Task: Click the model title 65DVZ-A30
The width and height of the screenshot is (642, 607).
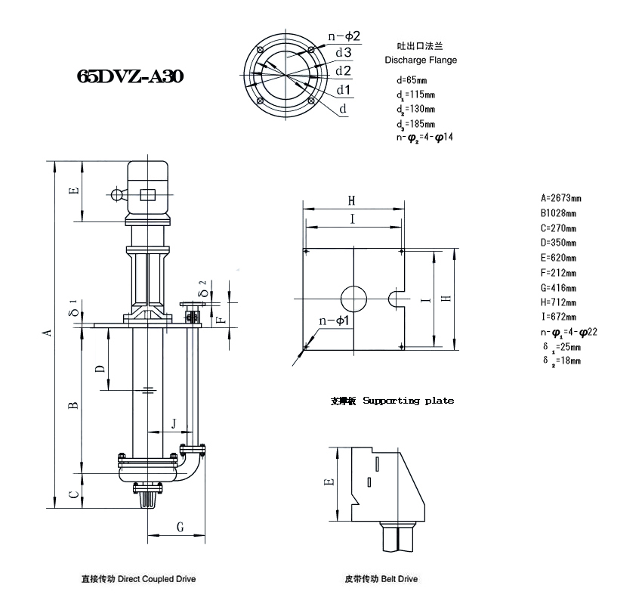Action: [130, 76]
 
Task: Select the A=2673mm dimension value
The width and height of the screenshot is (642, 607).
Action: [560, 198]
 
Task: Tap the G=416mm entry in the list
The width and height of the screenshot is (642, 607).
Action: [558, 288]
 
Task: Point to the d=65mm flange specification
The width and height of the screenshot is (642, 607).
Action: [412, 80]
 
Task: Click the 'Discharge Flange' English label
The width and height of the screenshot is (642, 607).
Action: [421, 60]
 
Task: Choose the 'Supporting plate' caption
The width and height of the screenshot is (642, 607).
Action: [408, 401]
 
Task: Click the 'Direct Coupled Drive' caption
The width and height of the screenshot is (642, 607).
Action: [157, 579]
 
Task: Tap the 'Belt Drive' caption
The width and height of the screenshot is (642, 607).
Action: [400, 579]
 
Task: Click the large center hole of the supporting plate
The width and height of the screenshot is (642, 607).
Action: [353, 299]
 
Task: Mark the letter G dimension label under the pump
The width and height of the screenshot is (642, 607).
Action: [181, 527]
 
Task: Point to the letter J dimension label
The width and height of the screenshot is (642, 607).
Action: [174, 423]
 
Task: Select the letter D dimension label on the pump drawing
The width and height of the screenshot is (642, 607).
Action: [100, 368]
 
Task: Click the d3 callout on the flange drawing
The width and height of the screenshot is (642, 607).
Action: [344, 52]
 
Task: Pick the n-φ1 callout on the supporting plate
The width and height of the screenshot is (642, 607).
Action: [334, 320]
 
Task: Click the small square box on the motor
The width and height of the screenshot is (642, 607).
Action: [148, 195]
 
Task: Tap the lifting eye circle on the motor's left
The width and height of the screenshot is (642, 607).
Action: [117, 194]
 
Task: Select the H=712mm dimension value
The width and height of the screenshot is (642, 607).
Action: [558, 302]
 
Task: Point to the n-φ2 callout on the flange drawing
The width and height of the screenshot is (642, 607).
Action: [344, 36]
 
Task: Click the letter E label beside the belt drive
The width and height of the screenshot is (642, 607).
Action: [329, 482]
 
